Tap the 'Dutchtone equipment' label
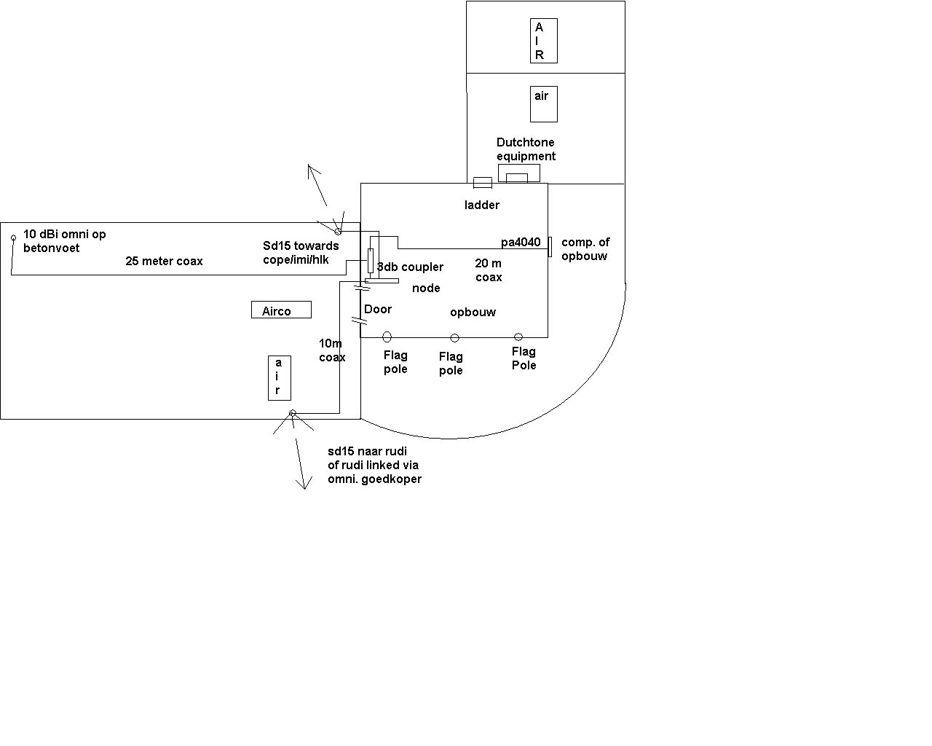(526, 149)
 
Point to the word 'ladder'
(481, 205)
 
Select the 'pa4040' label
(521, 242)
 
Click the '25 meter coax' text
(164, 261)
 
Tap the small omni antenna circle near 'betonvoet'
(13, 237)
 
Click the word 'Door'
(378, 309)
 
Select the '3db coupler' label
(410, 267)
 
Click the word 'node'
(426, 288)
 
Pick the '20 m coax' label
(488, 270)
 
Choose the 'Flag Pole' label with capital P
(524, 358)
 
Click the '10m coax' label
(332, 350)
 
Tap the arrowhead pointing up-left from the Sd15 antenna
(312, 170)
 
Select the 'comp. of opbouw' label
(585, 249)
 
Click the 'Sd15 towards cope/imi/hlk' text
(301, 253)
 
